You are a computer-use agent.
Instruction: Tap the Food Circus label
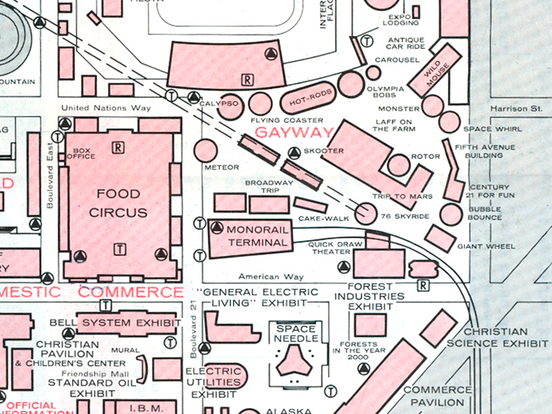tap(118, 203)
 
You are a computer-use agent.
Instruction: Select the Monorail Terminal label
tap(257, 235)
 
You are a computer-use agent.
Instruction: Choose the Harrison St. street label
tap(517, 109)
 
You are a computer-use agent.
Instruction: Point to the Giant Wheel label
tap(491, 246)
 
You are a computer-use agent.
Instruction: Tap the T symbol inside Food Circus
tap(120, 248)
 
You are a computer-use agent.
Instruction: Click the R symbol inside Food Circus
tap(119, 146)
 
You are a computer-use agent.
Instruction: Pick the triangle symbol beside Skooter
tap(294, 152)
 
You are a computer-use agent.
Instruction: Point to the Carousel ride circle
tap(373, 72)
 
